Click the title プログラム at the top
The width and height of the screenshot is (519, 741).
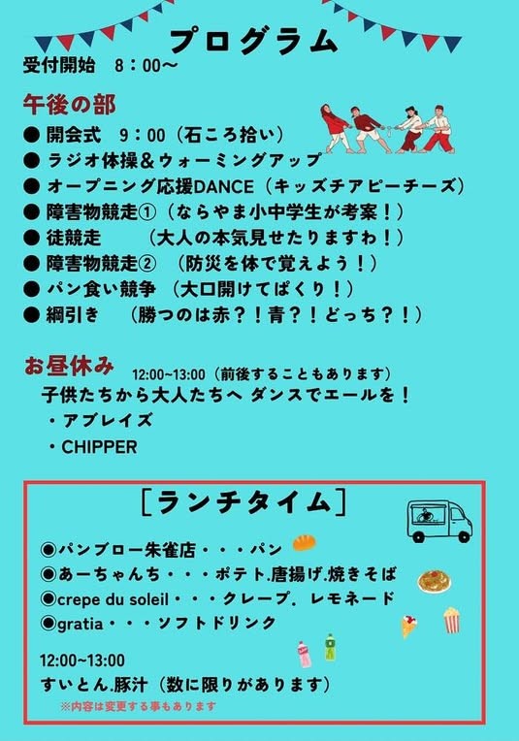pos(254,42)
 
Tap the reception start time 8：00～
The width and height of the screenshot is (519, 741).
pos(146,65)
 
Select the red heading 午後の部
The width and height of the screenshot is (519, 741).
pos(70,105)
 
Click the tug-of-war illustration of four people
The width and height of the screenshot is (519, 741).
pos(388,129)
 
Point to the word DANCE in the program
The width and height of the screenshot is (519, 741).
pos(223,186)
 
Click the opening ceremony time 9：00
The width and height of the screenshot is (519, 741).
pos(143,135)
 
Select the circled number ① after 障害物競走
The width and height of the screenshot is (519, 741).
pos(147,212)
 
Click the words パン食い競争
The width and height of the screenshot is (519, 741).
pos(101,289)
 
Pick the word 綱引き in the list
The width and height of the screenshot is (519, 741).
pos(73,315)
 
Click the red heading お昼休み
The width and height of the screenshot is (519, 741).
pos(69,367)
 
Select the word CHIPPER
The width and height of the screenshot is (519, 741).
pos(99,447)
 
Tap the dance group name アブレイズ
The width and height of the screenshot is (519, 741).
pos(108,420)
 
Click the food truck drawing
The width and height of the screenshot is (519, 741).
pos(439,522)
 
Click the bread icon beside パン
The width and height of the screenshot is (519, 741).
pos(305,543)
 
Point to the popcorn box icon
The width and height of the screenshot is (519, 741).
pos(451,620)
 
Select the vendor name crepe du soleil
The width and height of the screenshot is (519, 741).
pos(113,599)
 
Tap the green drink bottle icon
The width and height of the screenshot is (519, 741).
pos(331,647)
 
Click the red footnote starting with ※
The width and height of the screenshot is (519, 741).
pos(138,706)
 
